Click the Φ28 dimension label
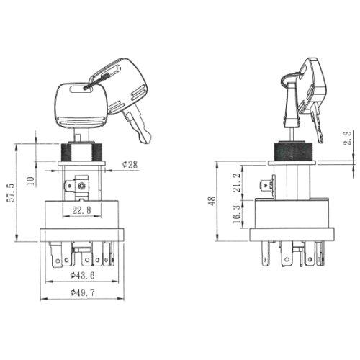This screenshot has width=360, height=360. [x=130, y=165]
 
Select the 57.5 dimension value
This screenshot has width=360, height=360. [x=12, y=193]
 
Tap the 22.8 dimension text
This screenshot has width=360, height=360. [x=81, y=210]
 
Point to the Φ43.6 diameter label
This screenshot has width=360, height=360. [x=82, y=275]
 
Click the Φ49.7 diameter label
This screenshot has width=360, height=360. [x=82, y=292]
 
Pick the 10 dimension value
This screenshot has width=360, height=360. [x=30, y=181]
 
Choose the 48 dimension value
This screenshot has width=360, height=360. [x=212, y=201]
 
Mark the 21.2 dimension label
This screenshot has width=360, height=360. [x=236, y=182]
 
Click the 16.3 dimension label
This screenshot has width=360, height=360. [x=236, y=214]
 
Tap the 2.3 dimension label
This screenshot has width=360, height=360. [x=348, y=138]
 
